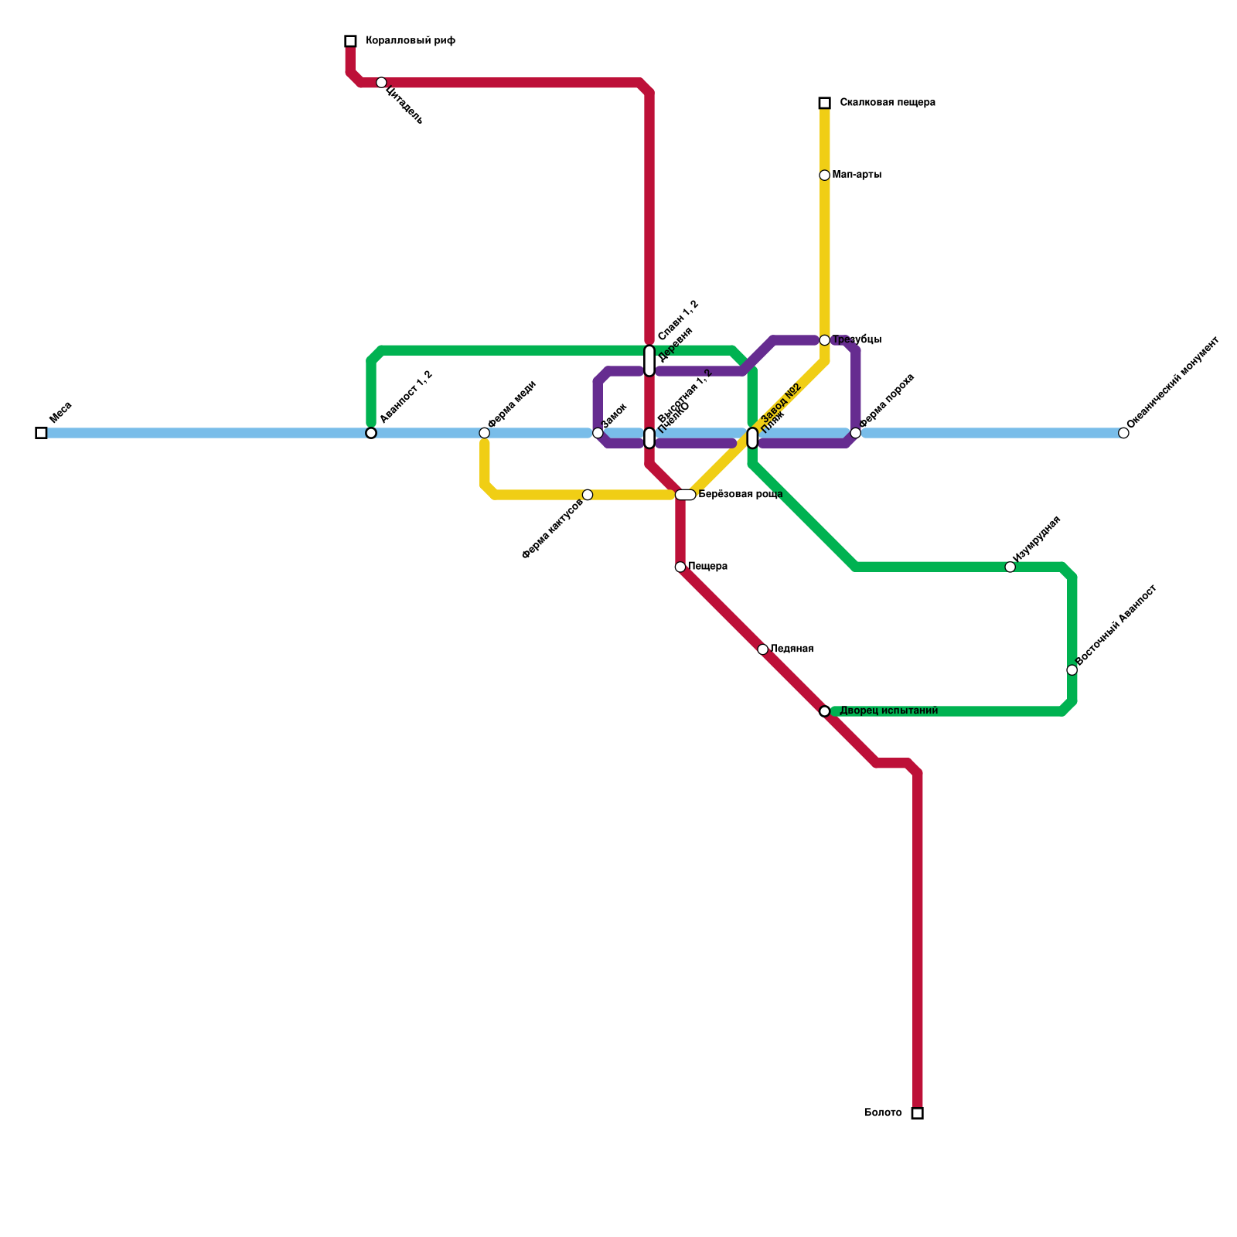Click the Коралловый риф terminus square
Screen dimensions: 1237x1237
(x=350, y=41)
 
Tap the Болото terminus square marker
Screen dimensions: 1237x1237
(x=917, y=1113)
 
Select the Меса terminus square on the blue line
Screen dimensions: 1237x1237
(x=41, y=433)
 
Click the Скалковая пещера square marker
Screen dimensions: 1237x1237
(x=824, y=103)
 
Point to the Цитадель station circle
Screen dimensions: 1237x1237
(x=381, y=83)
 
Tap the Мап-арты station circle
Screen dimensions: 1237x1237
(x=824, y=175)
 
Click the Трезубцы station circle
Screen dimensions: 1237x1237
(x=824, y=340)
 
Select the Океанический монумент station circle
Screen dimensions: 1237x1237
(x=1123, y=433)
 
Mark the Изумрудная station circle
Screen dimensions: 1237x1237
(x=1010, y=567)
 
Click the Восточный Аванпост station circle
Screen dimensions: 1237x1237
(x=1072, y=670)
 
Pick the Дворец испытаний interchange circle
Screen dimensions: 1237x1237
(x=824, y=711)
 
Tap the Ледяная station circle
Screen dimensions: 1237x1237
(x=762, y=649)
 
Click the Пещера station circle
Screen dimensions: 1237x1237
(x=680, y=567)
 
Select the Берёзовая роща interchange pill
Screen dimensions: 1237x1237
(x=685, y=495)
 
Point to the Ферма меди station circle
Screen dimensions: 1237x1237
(x=484, y=433)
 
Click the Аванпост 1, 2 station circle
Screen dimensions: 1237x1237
(x=371, y=433)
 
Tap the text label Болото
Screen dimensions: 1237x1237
(x=882, y=1113)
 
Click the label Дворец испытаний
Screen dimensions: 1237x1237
(x=888, y=711)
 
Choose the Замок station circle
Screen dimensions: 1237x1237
(x=598, y=433)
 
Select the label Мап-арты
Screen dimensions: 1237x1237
(x=857, y=175)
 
